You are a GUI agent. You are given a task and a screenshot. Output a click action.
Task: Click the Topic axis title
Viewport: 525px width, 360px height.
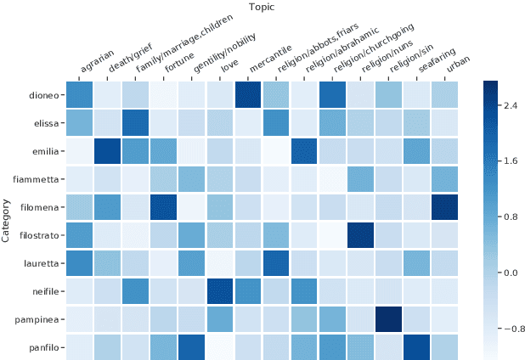tap(262, 8)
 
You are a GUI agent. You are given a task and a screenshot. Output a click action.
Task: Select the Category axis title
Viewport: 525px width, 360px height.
tap(7, 221)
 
